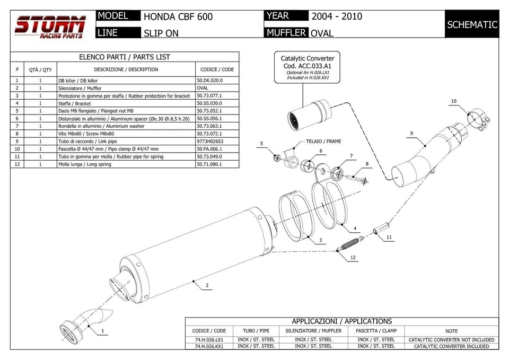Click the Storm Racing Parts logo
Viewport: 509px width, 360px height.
pos(50,27)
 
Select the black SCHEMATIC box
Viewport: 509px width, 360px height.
pos(472,24)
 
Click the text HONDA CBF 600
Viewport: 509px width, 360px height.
pos(178,16)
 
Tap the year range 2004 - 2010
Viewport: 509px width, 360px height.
pos(337,16)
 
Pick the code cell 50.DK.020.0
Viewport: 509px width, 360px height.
pos(210,81)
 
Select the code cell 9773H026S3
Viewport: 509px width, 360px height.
pos(210,142)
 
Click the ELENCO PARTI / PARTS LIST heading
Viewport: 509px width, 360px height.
pos(125,57)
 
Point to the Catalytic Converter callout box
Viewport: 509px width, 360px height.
pos(308,67)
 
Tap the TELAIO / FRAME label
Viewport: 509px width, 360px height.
pos(323,142)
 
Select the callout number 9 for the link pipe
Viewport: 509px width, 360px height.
pos(411,133)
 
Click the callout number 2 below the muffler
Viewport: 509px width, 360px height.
pos(207,286)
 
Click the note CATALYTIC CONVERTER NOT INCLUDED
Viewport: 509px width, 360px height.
pos(451,340)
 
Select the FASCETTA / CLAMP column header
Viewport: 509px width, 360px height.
pos(376,330)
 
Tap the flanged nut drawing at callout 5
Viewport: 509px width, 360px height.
pos(277,158)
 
